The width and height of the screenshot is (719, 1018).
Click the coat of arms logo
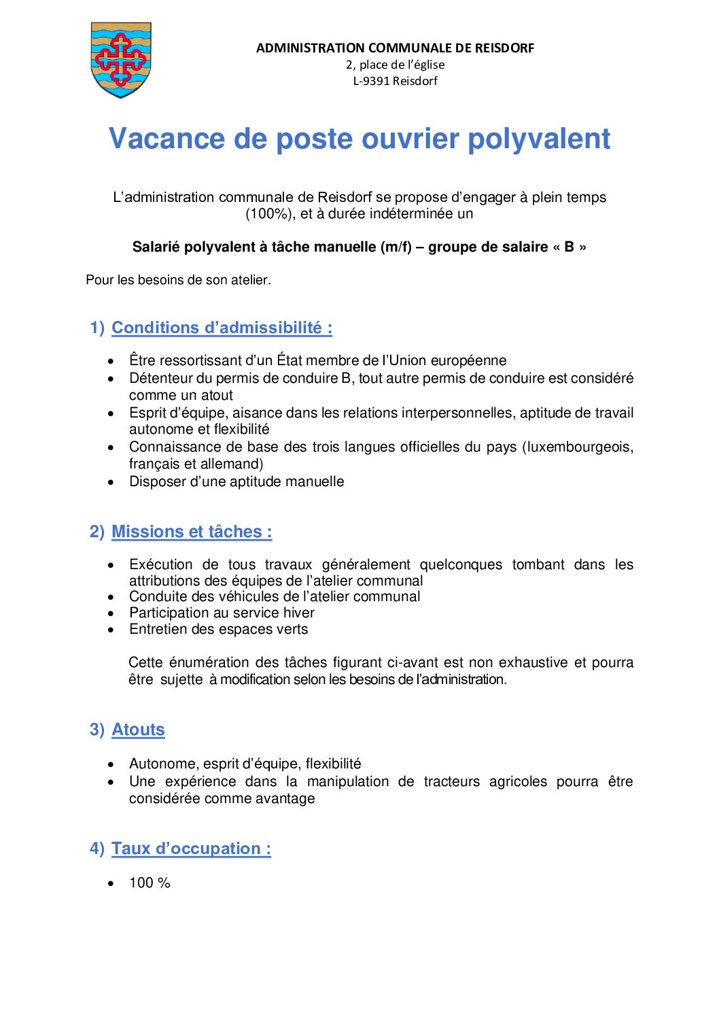121,60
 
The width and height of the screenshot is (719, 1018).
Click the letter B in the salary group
569,247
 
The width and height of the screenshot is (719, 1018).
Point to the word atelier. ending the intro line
251,279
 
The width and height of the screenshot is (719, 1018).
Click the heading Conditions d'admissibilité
222,328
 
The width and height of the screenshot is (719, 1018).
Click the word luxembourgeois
579,447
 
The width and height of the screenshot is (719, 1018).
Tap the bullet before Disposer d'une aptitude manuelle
111,482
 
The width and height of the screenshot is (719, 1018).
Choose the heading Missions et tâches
192,532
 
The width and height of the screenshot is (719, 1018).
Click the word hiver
299,613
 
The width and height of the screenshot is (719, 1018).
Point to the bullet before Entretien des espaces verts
111,630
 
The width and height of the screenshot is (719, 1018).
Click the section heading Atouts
138,730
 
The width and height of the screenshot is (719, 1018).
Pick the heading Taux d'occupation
191,849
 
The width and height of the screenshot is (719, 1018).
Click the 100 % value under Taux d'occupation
150,883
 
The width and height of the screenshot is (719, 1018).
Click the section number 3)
97,730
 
